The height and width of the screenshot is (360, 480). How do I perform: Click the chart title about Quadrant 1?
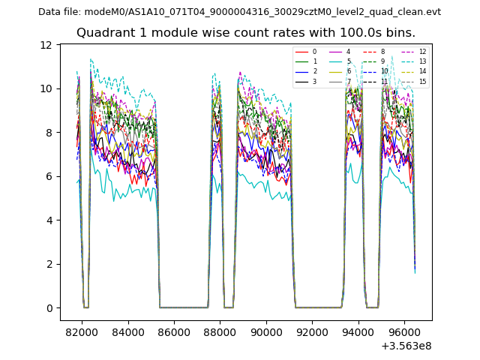click(x=246, y=33)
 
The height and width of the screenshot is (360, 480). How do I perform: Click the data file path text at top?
click(x=239, y=12)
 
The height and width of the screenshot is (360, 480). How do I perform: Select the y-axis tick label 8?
click(x=49, y=133)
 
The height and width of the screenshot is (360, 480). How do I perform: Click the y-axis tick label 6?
click(x=49, y=176)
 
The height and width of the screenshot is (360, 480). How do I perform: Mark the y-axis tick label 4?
click(x=49, y=220)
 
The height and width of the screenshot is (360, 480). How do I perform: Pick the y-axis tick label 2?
click(x=49, y=264)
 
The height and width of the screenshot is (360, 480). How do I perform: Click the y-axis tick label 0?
click(x=49, y=308)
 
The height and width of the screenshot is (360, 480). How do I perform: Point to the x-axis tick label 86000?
click(x=174, y=331)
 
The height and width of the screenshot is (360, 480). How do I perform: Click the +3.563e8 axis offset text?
click(x=406, y=346)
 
